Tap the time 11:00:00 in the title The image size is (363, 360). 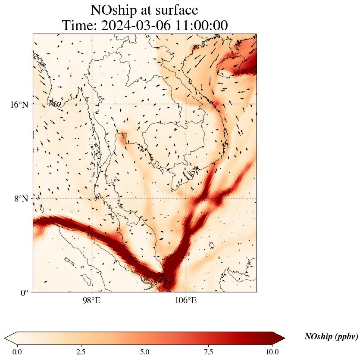click(201, 26)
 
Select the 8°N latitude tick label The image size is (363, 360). click(21, 199)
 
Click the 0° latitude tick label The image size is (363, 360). click(25, 293)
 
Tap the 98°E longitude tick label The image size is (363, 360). click(91, 301)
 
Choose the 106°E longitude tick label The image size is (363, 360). click(186, 301)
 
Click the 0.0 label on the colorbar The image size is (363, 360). click(17, 352)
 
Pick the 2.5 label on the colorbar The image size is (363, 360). click(81, 352)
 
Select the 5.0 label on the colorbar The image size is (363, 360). click(145, 352)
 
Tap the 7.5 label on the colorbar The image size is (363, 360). click(209, 352)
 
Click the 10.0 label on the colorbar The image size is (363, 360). click(272, 352)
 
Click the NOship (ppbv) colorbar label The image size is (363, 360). click(331, 337)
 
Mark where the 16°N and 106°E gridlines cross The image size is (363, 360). click(186, 104)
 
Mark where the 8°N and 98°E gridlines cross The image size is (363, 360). click(92, 198)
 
